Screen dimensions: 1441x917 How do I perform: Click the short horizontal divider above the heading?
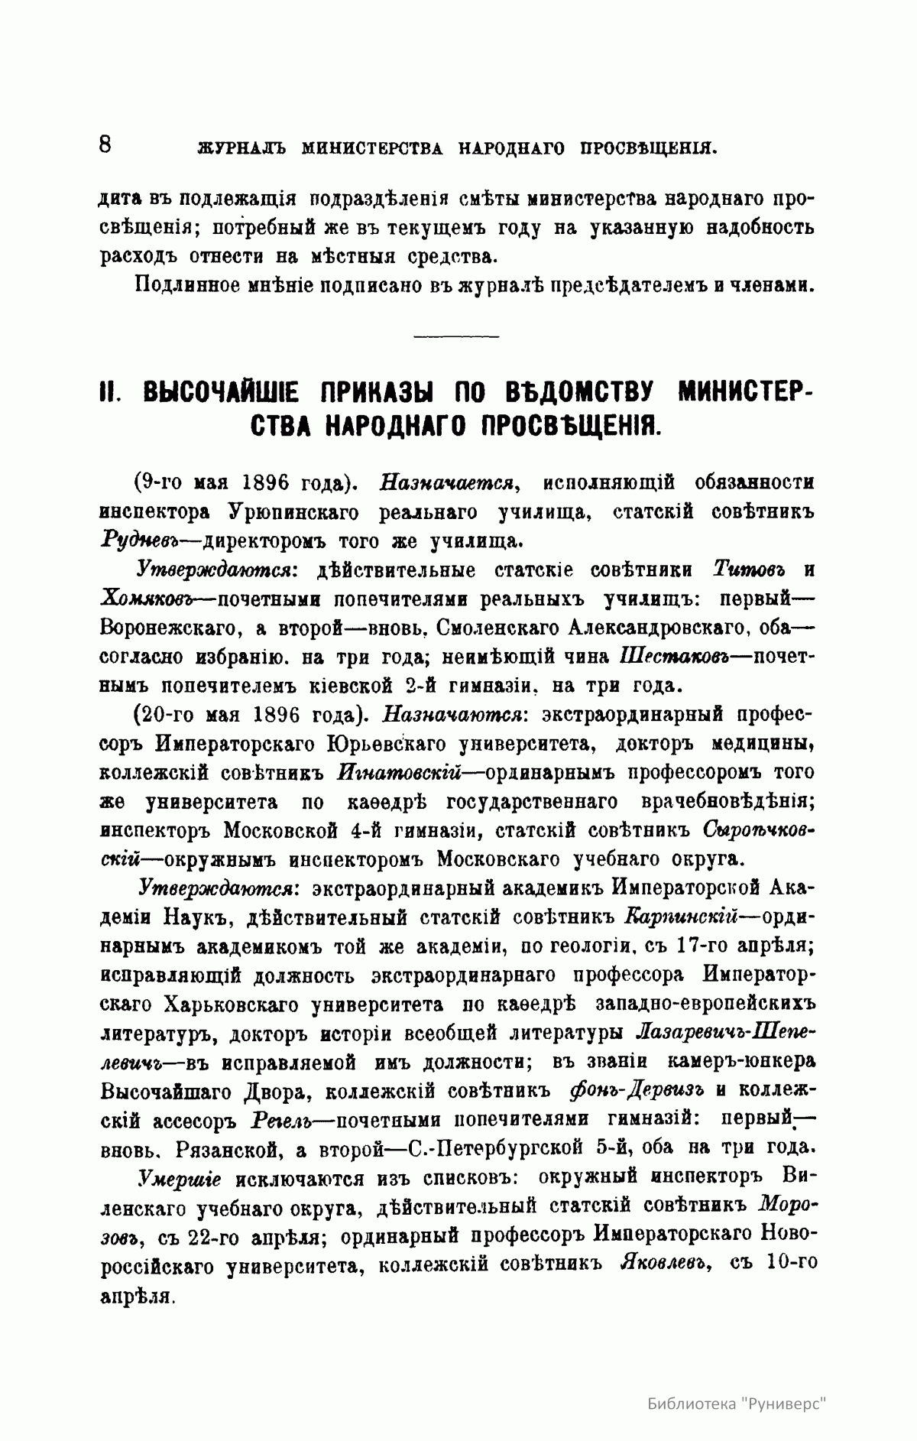(x=455, y=335)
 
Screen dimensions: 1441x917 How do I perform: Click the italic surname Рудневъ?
(x=138, y=542)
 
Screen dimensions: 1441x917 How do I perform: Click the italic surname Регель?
(x=277, y=1120)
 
